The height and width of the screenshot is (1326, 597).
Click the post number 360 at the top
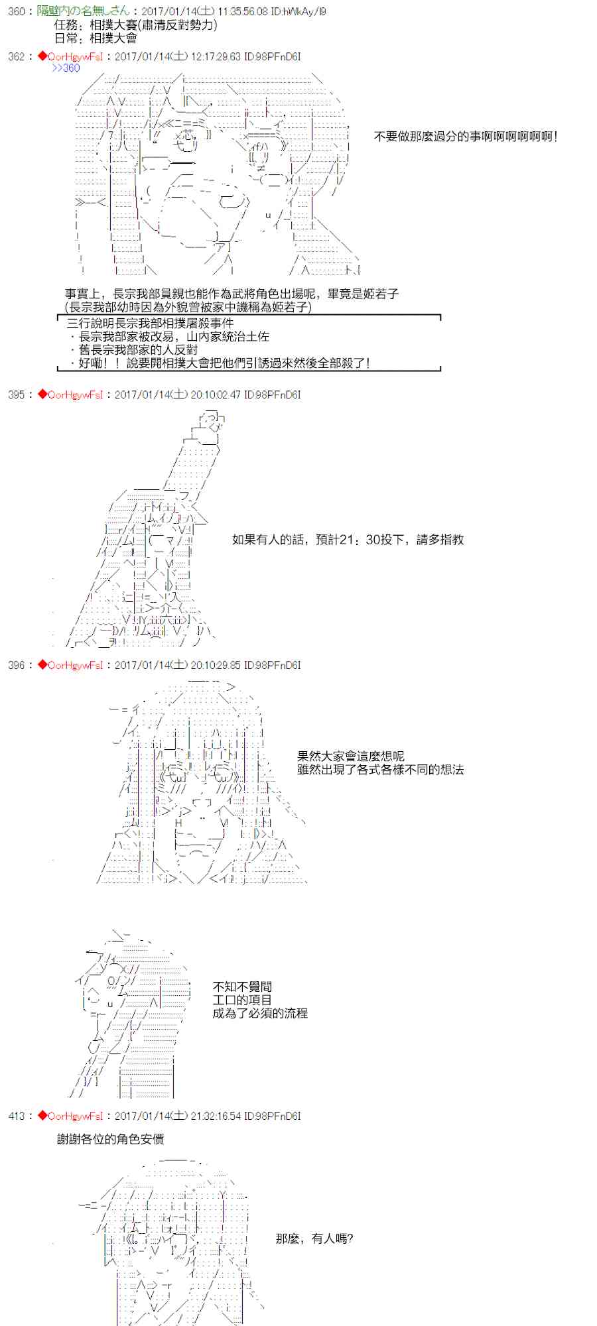pos(17,12)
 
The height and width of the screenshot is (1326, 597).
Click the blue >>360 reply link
pos(66,68)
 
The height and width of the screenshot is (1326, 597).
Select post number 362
pos(17,57)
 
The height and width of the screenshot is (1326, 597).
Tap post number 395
pos(17,394)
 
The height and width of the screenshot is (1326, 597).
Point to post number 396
pos(17,665)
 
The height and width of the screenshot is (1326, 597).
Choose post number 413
pos(17,1116)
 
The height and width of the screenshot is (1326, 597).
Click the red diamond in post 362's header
pos(42,57)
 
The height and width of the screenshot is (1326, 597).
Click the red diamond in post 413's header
pos(42,1116)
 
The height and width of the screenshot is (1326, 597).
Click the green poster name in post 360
pos(84,12)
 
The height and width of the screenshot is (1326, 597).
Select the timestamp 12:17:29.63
pos(216,57)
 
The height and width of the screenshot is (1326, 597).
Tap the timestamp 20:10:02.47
pos(216,394)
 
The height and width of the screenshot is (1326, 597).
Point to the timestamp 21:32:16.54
pos(216,1116)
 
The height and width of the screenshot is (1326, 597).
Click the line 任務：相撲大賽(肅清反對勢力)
pos(136,25)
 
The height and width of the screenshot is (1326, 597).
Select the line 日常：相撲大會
pos(96,38)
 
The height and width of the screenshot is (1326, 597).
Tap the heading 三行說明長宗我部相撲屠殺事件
pos(150,324)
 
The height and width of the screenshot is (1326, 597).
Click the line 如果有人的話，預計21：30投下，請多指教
pos(348,540)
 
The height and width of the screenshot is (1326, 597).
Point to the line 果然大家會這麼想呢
pos(351,756)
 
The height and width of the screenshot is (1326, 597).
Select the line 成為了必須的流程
pos(260,1013)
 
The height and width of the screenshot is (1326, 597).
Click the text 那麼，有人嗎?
pos(314,1238)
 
